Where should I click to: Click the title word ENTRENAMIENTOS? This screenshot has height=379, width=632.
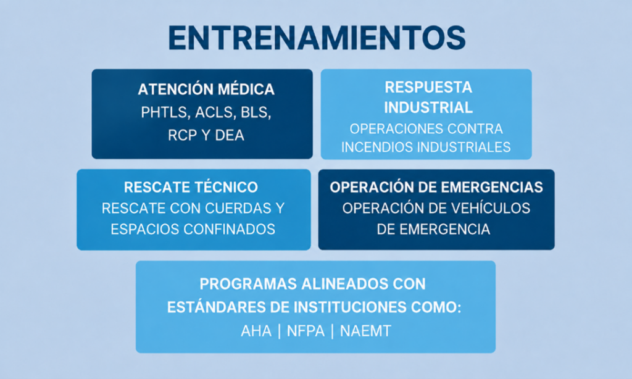[x=317, y=38]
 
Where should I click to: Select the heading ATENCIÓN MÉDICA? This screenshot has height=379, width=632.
[x=206, y=89]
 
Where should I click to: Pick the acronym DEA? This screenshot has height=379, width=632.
[x=230, y=135]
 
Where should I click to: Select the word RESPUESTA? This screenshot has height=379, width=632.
[x=428, y=87]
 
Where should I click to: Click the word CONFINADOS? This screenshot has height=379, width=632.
[x=230, y=229]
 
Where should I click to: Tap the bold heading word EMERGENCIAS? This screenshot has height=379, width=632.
[x=492, y=187]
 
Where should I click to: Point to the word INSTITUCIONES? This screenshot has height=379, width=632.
[x=349, y=307]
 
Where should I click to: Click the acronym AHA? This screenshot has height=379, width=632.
[x=256, y=331]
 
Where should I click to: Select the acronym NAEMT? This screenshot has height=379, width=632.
[x=365, y=331]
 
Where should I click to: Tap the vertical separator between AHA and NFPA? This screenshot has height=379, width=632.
[x=280, y=331]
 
